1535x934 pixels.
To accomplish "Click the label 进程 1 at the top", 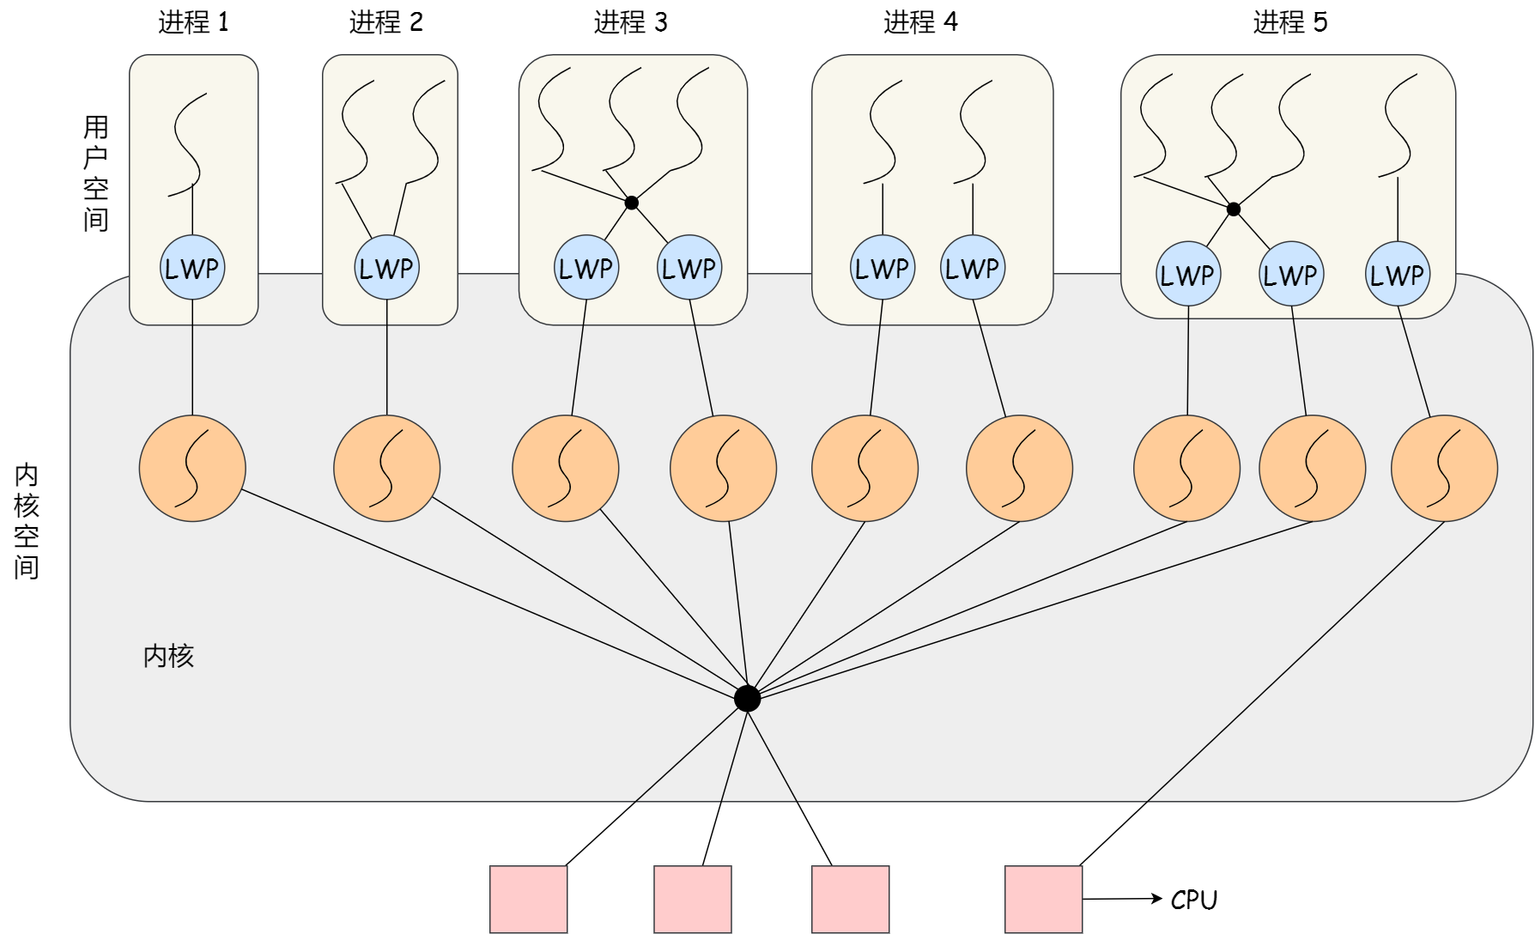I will (x=193, y=22).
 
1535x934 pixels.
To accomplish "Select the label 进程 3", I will (x=630, y=22).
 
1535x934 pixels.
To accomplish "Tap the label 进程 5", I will (x=1289, y=22).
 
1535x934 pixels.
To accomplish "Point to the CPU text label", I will (x=1193, y=900).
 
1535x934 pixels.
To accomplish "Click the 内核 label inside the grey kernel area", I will (x=168, y=656).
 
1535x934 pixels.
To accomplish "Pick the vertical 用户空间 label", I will (x=95, y=173).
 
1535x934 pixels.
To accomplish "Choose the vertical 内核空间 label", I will (x=27, y=521).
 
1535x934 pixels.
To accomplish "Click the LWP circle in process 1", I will (x=192, y=268).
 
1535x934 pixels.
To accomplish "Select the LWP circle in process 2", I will (x=386, y=268).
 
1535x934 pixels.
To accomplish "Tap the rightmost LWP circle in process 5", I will (x=1397, y=275).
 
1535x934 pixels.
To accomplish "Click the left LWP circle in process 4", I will (x=882, y=268).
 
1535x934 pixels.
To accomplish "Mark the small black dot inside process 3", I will (x=631, y=203).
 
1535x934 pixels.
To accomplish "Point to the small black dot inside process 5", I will (x=1233, y=209).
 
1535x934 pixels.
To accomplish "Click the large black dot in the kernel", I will (x=747, y=699).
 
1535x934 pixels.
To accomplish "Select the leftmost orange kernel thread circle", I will (x=192, y=469).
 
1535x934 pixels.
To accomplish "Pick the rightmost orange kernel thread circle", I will (x=1444, y=469).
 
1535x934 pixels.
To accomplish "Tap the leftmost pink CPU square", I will (x=528, y=899).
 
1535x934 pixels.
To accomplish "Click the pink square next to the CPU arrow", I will (x=1043, y=899).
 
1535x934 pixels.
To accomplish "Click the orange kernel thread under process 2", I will (x=386, y=469).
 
